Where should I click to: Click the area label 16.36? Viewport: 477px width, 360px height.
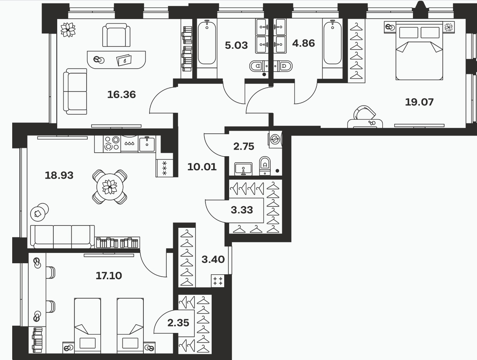(x=122, y=95)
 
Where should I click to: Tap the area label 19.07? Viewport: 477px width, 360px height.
(x=419, y=102)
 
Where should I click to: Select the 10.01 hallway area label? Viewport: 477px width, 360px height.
(x=202, y=167)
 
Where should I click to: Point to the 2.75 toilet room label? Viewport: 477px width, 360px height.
(x=244, y=147)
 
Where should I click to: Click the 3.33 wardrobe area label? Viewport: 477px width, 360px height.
(x=242, y=210)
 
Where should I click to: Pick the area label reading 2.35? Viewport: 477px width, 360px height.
(x=178, y=323)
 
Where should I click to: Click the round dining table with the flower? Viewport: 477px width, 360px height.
(x=110, y=187)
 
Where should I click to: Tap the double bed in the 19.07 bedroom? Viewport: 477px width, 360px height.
(x=419, y=50)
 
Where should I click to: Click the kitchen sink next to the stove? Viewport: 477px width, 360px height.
(x=147, y=144)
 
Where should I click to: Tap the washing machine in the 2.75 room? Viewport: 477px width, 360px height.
(x=276, y=139)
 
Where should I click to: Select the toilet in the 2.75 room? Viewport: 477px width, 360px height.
(x=265, y=166)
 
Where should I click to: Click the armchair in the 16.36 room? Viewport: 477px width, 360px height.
(x=116, y=35)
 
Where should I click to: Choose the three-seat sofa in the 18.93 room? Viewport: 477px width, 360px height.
(x=63, y=237)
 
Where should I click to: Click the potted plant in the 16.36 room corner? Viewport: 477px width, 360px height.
(x=68, y=30)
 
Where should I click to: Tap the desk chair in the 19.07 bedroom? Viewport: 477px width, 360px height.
(x=364, y=113)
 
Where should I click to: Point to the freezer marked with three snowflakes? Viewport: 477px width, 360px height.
(x=164, y=168)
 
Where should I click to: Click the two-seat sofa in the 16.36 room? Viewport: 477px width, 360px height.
(x=75, y=91)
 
